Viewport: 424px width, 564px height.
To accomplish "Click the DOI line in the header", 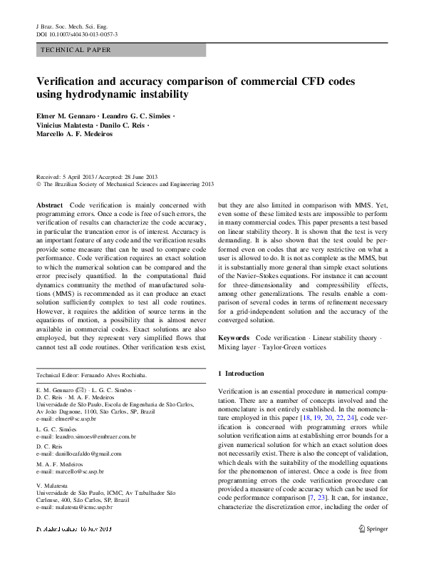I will tap(77, 34).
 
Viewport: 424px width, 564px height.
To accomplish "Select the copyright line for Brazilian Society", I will tap(125, 184).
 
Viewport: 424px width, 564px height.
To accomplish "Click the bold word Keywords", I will tap(234, 337).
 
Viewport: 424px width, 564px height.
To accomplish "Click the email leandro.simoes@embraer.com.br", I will tap(85, 436).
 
